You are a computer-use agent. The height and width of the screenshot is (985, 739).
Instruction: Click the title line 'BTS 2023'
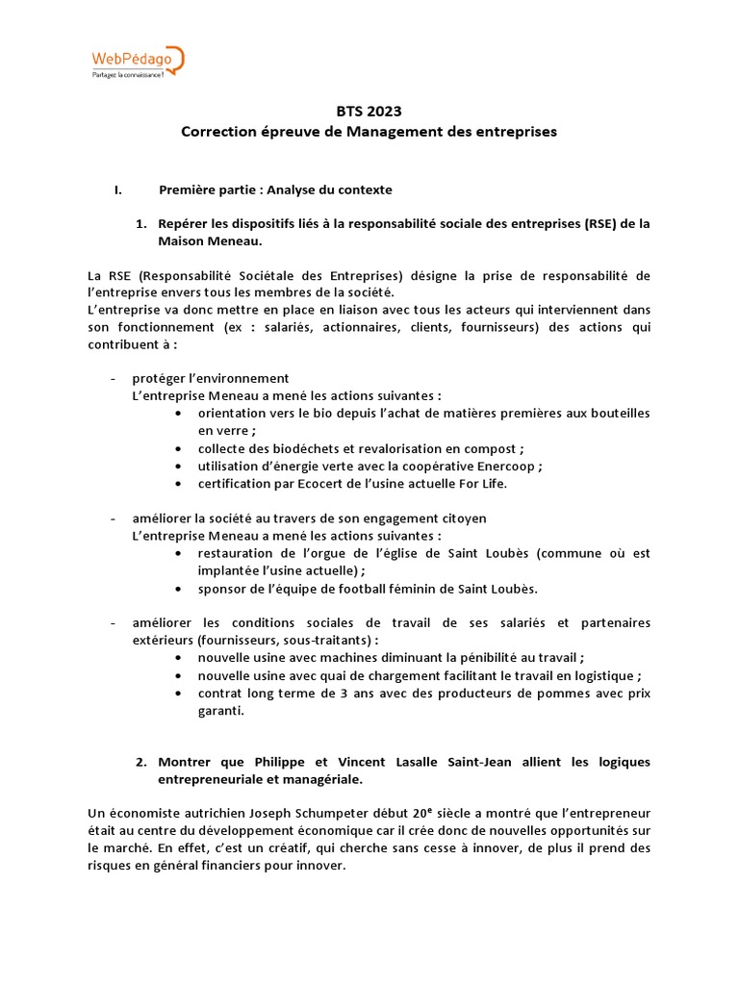coord(369,112)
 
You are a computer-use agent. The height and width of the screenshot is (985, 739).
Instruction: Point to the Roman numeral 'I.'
coord(117,189)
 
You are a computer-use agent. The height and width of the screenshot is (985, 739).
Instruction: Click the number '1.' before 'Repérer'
coord(140,223)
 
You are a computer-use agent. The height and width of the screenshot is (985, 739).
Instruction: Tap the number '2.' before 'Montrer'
coord(140,762)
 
